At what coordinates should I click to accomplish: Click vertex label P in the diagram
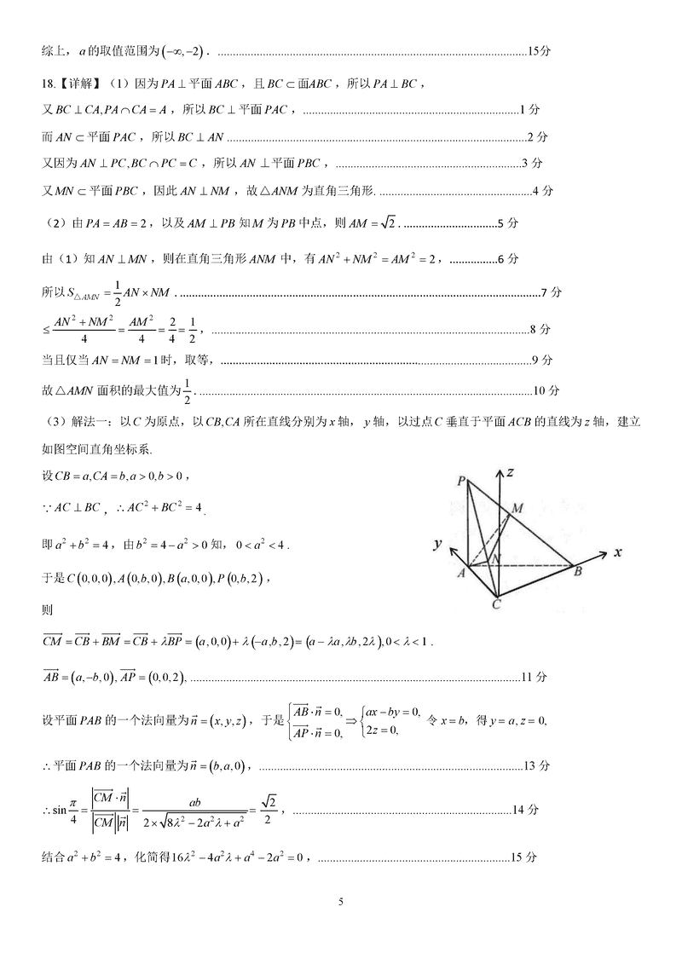pyautogui.click(x=460, y=482)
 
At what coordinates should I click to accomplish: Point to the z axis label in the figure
pyautogui.click(x=512, y=471)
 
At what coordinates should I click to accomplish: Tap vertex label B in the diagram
pyautogui.click(x=578, y=572)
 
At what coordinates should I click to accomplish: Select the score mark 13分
pyautogui.click(x=538, y=765)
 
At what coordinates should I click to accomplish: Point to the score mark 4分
pyautogui.click(x=542, y=190)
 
